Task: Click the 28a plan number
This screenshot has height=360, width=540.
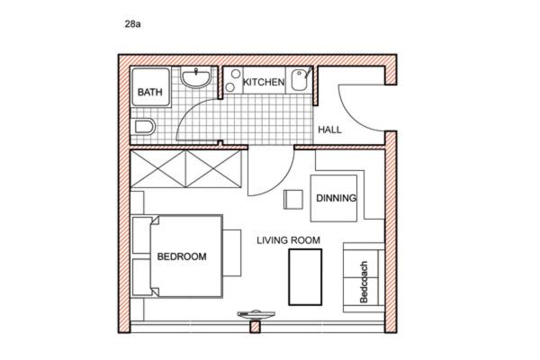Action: pos(132,24)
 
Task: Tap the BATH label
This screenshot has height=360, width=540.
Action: pos(149,92)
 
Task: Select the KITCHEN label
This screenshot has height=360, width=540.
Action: pos(264,82)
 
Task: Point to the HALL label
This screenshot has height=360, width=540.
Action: pos(329,130)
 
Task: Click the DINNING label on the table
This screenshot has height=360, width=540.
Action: pos(336,198)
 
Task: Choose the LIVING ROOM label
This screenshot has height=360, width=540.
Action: pos(288,240)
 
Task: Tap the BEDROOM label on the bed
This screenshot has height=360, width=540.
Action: pos(182,256)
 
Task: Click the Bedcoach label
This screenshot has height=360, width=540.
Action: pos(364,282)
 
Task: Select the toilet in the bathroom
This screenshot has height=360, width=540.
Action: pos(145,127)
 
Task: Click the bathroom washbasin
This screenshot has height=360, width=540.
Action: pos(195,77)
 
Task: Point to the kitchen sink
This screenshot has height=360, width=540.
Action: pos(299,80)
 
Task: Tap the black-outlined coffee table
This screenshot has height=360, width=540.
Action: pos(305,277)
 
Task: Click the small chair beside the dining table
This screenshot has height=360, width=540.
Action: pos(293,200)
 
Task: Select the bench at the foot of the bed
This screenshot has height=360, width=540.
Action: pos(232,253)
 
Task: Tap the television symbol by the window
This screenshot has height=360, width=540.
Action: pos(256,314)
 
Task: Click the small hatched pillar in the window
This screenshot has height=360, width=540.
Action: pos(255,327)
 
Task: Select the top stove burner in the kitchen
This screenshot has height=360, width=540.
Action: pos(236,74)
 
